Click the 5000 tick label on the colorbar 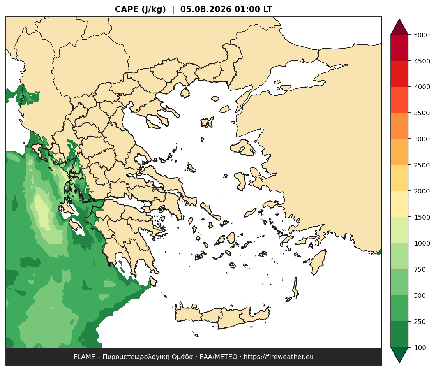[422, 35]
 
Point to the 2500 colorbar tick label [422, 165]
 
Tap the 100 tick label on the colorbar [420, 348]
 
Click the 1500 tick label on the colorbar [422, 217]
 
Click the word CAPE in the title [127, 9]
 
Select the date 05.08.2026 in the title [206, 9]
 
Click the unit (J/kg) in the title [154, 9]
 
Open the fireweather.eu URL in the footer [279, 357]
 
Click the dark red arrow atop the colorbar [400, 27]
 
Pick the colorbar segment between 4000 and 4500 [400, 74]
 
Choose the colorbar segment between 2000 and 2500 [400, 178]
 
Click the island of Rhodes [318, 262]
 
